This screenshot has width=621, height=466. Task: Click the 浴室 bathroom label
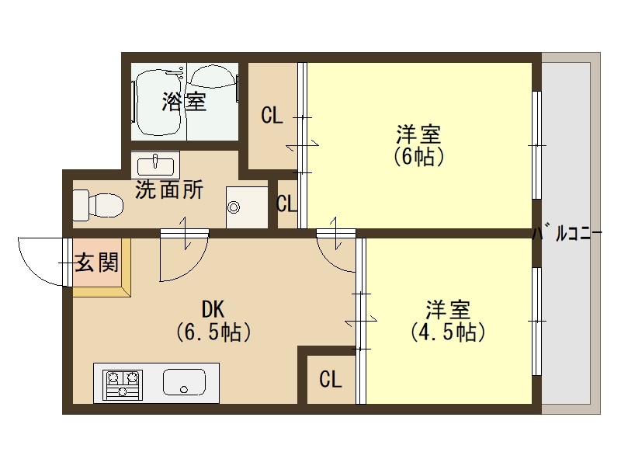coord(184,103)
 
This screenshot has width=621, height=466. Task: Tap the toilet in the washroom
coord(98,206)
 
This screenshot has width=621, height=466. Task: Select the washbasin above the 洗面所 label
coord(155,165)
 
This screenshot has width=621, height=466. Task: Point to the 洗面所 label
coord(169,190)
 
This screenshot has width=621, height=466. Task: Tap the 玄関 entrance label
coord(97,263)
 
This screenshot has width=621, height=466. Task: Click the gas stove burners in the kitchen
coord(123,384)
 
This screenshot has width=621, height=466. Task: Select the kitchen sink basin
coord(184,382)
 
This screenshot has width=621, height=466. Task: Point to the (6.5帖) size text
coord(213,332)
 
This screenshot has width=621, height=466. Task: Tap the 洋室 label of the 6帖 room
coord(419,133)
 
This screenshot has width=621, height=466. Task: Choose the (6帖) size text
coord(419,156)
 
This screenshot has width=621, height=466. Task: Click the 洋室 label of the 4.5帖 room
coord(448,309)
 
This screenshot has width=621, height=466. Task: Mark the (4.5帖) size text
coord(448,332)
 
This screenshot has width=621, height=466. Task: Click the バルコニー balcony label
coord(567,233)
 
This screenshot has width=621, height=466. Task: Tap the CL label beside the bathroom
coord(272,116)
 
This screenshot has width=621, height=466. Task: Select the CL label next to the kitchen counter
coord(331,380)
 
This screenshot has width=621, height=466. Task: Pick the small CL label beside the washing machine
coord(287,205)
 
